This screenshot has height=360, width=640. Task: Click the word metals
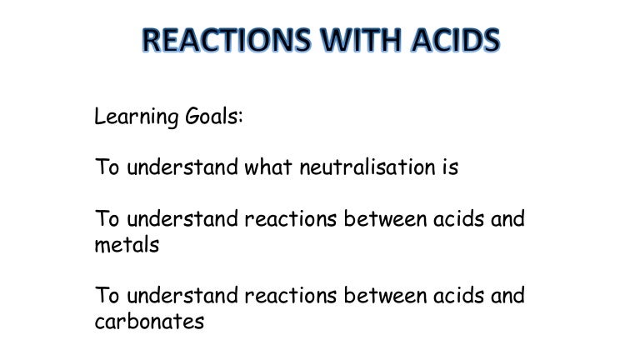click(x=127, y=244)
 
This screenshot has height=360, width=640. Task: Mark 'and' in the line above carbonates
click(x=508, y=296)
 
